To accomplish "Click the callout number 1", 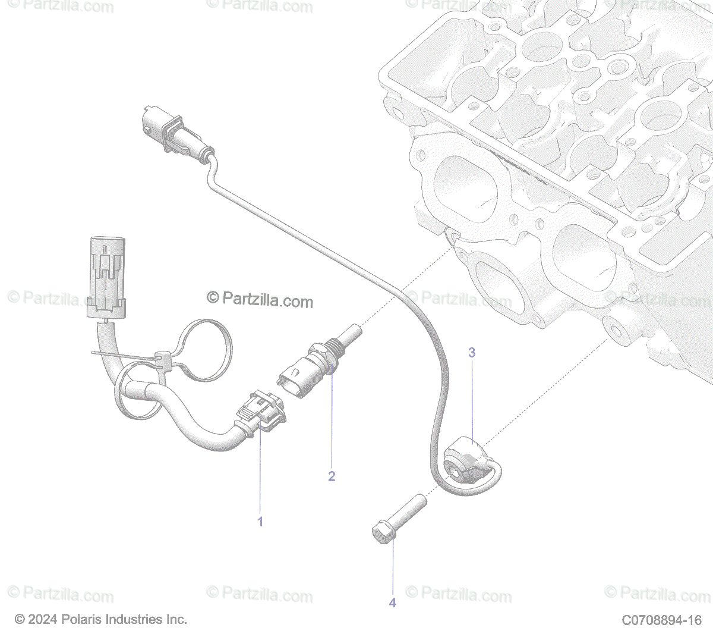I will point(260,522).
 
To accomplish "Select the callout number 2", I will point(332,476).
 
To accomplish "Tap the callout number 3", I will point(472,352).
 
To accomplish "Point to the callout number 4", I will point(392,602).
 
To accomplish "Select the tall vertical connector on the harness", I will point(106,277).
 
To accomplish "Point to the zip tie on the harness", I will point(162,360).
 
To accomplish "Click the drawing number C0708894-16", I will point(661,620).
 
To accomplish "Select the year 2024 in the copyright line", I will point(43,619).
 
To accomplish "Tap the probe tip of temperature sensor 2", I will point(353,330).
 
